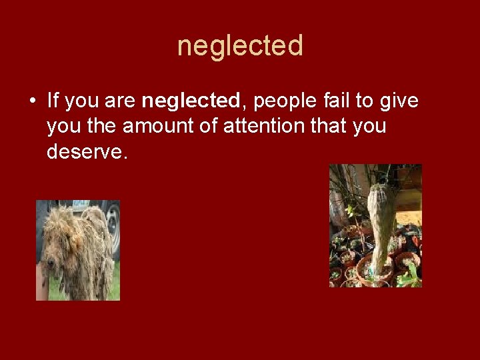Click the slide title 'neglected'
coord(240,46)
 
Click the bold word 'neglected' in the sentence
coord(191,101)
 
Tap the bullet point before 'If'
coord(32,102)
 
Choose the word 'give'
coord(400,101)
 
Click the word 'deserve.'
coord(86,152)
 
